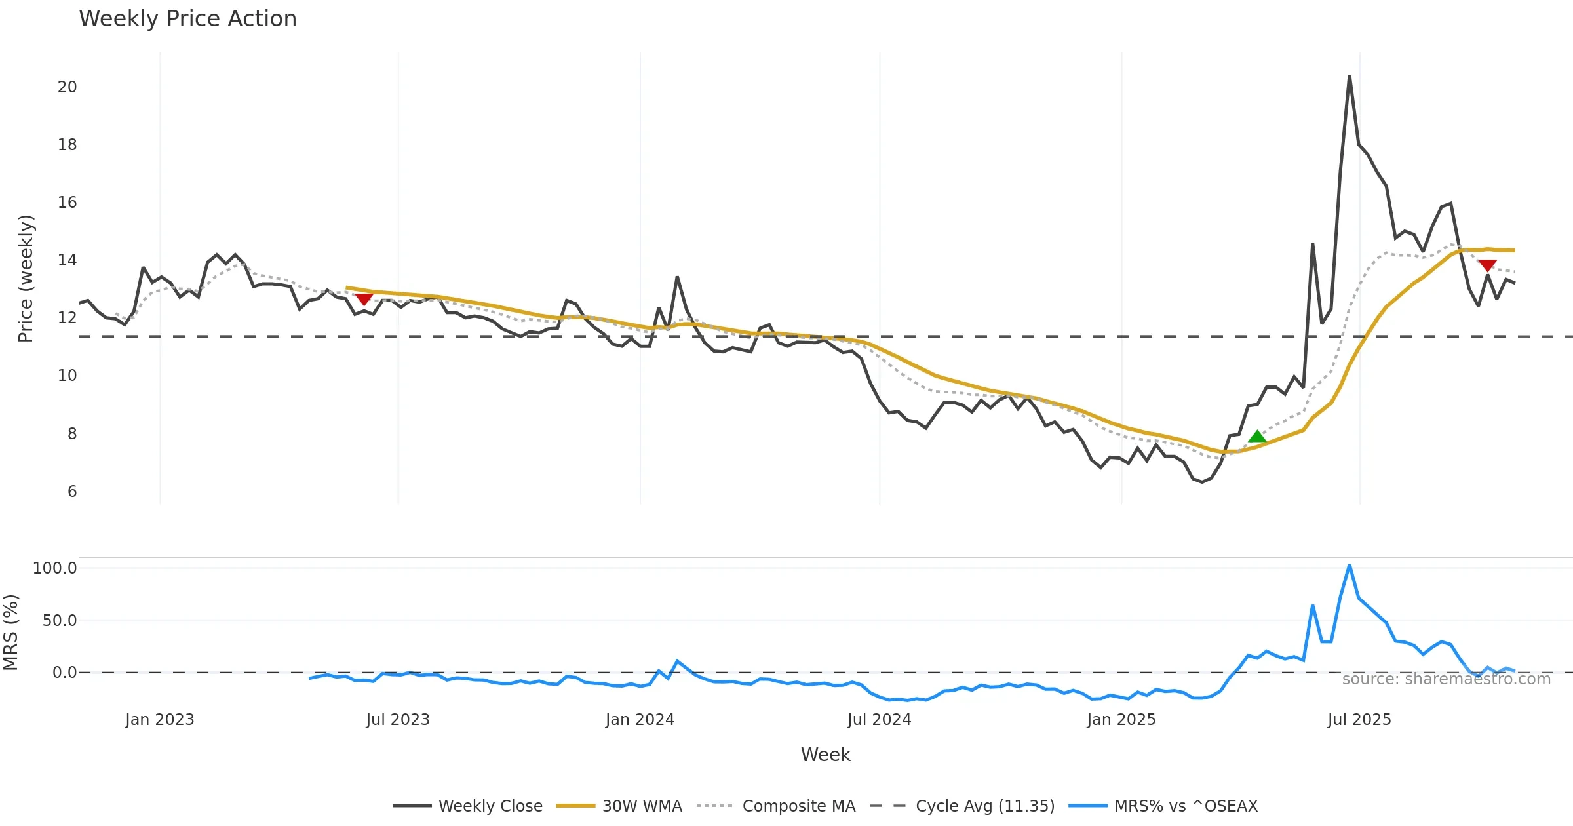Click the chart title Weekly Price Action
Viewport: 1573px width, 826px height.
pos(187,18)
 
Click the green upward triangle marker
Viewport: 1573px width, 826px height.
pos(1257,437)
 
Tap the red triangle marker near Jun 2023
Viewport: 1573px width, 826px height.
pos(364,299)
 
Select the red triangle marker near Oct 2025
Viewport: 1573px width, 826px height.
pos(1487,265)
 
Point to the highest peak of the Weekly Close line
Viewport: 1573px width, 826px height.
pos(1350,77)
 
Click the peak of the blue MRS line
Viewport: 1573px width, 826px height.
pos(1350,565)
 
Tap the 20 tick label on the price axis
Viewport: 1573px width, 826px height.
pos(67,87)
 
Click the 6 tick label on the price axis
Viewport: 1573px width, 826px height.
pos(72,492)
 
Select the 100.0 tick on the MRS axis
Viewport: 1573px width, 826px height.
pos(55,568)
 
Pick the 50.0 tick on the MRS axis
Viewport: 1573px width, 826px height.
pos(60,621)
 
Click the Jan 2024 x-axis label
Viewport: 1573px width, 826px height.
pos(640,720)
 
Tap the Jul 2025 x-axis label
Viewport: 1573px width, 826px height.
pos(1359,720)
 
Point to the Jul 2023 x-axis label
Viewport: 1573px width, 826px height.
pos(398,720)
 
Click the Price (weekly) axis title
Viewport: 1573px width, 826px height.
pos(26,279)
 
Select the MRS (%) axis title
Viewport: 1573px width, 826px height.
pos(11,633)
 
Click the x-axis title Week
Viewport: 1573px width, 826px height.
pos(825,755)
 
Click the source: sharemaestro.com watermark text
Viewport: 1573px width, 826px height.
pos(1446,679)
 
